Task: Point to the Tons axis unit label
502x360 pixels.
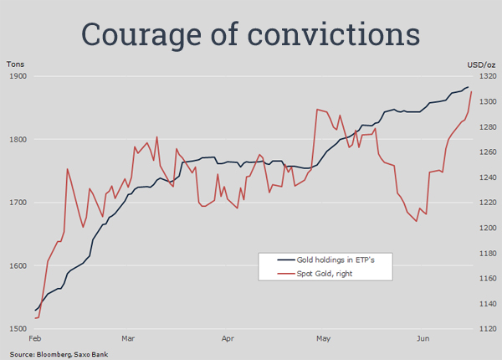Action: [x=15, y=64]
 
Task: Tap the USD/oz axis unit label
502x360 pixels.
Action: [x=480, y=64]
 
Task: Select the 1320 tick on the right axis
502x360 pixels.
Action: [x=484, y=76]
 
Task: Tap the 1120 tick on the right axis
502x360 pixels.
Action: [x=484, y=329]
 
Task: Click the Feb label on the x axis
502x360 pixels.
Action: [x=35, y=340]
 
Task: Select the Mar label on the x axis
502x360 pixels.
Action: [x=128, y=340]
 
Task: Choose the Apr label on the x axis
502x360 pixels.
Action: [x=228, y=340]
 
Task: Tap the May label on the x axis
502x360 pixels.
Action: [x=324, y=340]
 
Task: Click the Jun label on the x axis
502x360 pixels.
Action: [x=423, y=340]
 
